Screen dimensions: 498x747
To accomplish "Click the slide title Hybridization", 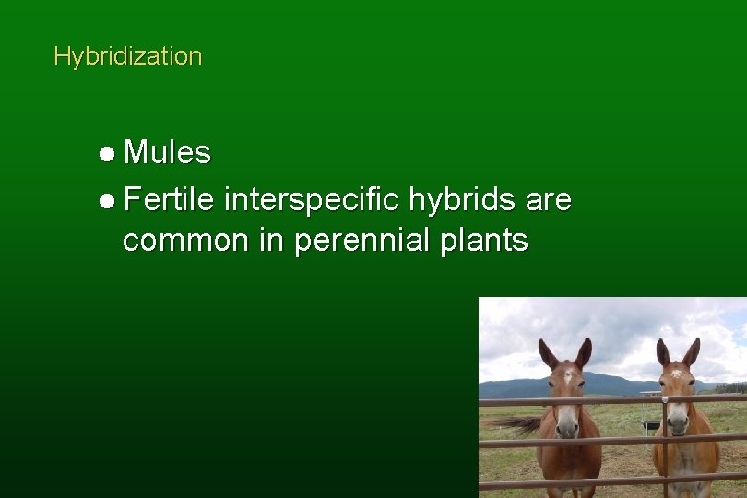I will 127,56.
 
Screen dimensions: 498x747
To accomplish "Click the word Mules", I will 167,153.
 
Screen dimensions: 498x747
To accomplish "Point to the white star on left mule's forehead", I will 565,376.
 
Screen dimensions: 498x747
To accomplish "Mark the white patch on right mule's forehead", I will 678,374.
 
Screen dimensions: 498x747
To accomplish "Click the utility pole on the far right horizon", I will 728,379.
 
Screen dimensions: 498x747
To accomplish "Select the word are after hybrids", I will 550,198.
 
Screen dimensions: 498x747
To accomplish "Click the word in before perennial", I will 272,241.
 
